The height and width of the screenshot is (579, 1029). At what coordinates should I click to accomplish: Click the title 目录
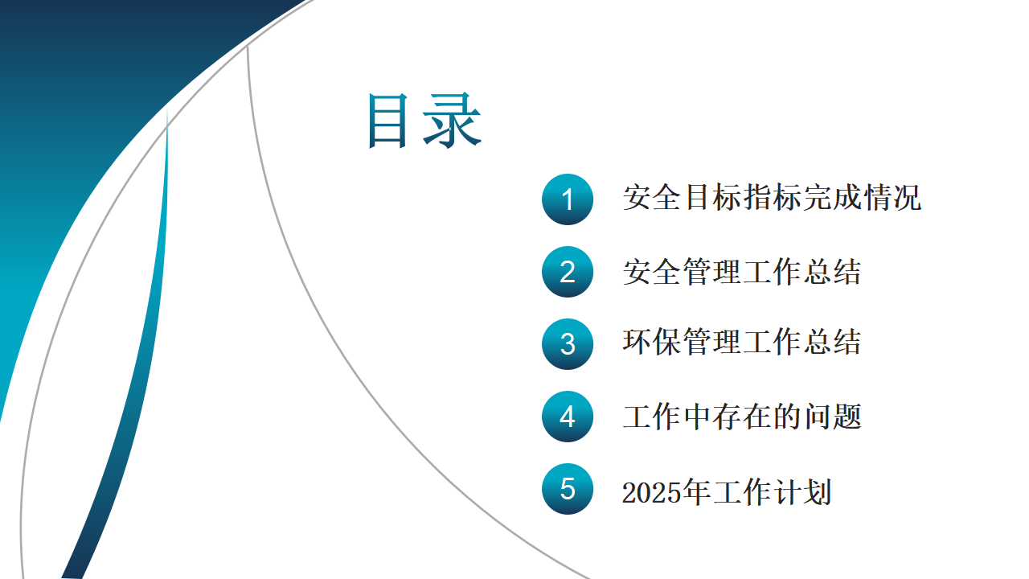424,121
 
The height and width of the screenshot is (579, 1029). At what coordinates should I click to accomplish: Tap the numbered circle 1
568,199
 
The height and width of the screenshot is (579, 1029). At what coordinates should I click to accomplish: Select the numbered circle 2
568,272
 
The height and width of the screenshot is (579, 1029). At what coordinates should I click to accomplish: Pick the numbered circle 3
568,344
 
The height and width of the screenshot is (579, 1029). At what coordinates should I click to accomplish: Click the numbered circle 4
568,417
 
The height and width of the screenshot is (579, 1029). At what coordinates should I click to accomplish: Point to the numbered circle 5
568,489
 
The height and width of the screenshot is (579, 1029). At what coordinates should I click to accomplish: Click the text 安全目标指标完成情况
772,198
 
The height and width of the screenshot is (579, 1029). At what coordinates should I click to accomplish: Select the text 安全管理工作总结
741,272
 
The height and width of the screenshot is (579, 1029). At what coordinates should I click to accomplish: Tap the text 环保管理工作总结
741,342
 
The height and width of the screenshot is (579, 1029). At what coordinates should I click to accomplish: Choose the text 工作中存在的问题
741,417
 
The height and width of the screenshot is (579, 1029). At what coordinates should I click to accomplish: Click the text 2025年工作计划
727,492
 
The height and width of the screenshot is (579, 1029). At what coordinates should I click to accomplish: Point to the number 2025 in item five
652,493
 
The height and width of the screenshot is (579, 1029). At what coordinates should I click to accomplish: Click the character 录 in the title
452,121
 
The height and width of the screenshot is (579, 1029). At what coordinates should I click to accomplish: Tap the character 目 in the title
388,121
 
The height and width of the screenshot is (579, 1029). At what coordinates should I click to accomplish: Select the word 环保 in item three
652,342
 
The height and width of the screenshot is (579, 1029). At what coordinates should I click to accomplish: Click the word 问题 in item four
832,417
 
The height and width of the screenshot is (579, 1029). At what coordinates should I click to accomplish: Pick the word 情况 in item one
892,198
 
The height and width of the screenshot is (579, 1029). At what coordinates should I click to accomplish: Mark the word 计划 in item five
802,492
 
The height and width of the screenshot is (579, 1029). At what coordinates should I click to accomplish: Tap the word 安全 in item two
652,272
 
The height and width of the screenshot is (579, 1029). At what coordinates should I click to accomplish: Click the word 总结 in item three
832,342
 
